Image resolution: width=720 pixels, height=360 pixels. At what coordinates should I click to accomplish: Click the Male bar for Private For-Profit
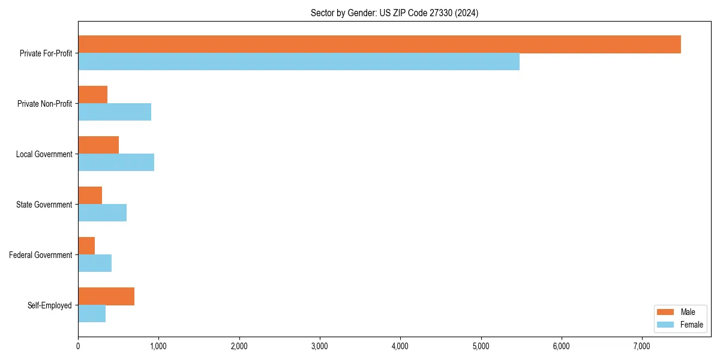tap(379, 44)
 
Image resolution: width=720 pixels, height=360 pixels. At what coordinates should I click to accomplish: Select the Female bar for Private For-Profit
tap(299, 62)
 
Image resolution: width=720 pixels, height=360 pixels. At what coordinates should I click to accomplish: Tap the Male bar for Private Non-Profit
tap(93, 95)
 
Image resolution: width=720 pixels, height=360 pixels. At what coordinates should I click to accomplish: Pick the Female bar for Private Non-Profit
tap(115, 112)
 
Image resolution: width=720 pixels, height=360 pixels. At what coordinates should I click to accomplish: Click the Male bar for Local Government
tap(98, 145)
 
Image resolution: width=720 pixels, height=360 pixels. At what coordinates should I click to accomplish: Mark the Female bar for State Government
tap(102, 213)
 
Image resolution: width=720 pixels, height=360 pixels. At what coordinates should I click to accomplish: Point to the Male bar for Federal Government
tap(86, 246)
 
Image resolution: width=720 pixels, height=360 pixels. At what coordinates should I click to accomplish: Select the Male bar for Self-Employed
tap(106, 296)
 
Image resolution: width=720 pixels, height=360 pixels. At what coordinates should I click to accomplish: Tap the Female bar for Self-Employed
tap(92, 314)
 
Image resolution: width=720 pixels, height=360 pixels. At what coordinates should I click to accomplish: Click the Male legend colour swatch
tap(666, 312)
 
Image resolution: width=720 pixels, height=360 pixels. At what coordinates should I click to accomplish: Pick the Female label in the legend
tap(692, 325)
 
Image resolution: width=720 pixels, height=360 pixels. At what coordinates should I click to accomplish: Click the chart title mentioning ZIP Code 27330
tap(394, 13)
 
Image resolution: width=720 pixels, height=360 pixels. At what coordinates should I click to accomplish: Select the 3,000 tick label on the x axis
tap(320, 346)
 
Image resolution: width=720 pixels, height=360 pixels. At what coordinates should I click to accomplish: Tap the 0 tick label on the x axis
tap(78, 346)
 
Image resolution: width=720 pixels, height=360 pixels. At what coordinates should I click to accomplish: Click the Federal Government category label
tap(41, 255)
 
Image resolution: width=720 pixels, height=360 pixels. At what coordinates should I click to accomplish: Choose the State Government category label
tap(44, 205)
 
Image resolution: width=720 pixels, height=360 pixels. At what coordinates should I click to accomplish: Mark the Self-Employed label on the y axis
tap(50, 305)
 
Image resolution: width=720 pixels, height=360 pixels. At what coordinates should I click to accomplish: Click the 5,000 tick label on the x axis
tap(481, 346)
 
